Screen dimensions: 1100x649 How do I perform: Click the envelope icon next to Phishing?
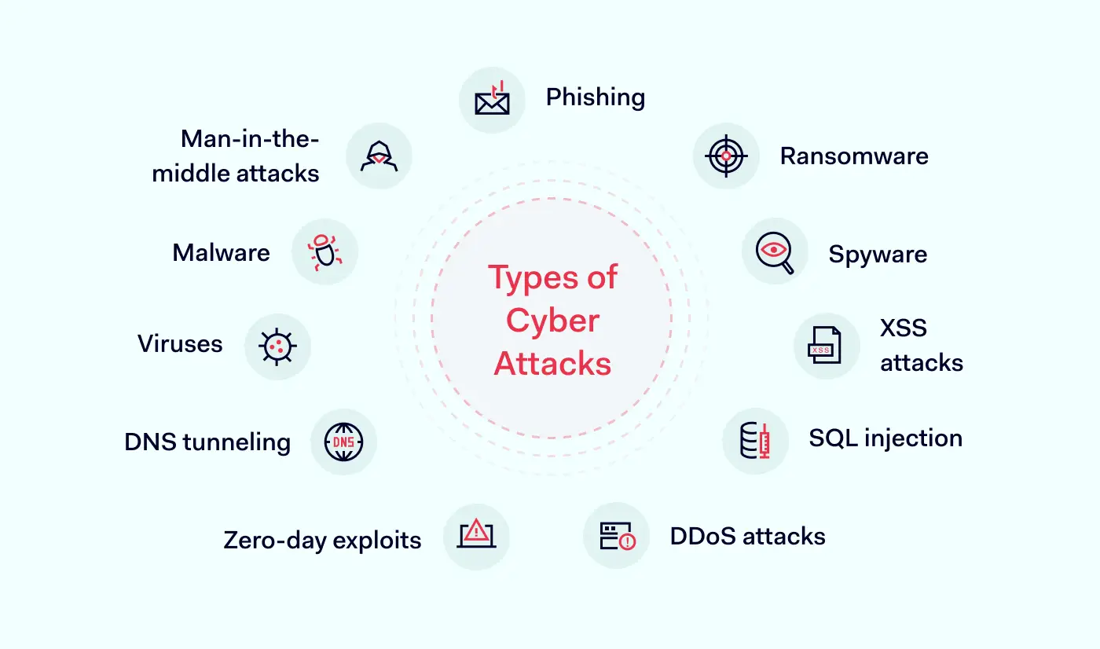pos(492,100)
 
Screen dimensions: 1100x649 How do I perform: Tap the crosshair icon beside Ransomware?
pos(726,156)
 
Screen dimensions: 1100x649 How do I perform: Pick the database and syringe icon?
pos(755,441)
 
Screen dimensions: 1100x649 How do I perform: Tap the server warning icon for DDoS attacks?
pos(617,537)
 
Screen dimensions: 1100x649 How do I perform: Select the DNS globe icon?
pos(343,442)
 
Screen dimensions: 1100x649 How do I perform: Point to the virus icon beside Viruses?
pos(277,346)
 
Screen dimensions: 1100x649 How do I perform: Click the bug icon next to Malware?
pos(324,251)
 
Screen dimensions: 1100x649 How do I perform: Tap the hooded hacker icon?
pos(379,156)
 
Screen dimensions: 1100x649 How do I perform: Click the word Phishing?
pos(596,97)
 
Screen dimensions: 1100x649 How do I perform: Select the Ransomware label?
pos(854,156)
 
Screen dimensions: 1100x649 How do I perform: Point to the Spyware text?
pos(878,254)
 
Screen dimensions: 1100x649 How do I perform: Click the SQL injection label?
pos(885,438)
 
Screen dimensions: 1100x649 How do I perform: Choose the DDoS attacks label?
pos(748,537)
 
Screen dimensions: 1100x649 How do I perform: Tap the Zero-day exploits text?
pos(322,541)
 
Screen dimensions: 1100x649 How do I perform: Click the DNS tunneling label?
pos(207,442)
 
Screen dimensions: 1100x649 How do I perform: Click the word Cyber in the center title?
pos(552,321)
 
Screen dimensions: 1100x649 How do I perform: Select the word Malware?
pos(221,252)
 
